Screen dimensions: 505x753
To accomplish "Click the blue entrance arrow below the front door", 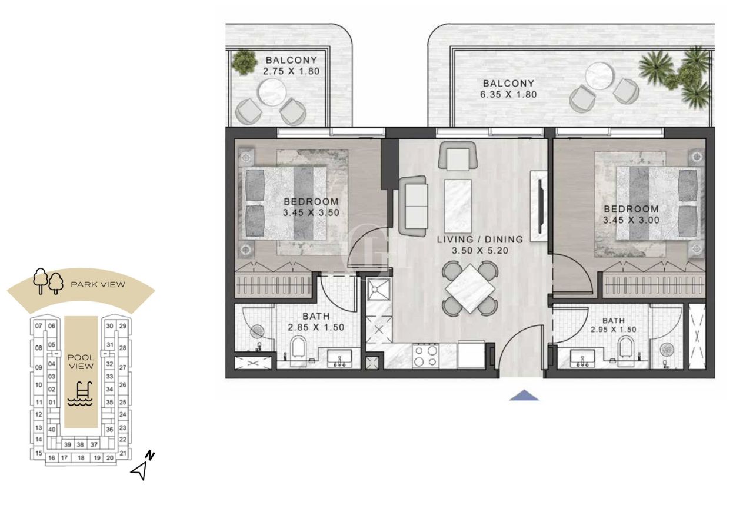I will pyautogui.click(x=524, y=396).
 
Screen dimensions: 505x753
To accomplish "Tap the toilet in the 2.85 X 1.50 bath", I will pyautogui.click(x=299, y=348).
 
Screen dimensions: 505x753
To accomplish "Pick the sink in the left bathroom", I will pyautogui.click(x=338, y=357).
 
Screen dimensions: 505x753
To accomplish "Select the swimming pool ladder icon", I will pyautogui.click(x=81, y=393).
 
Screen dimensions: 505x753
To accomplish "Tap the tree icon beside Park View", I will pyautogui.click(x=48, y=281).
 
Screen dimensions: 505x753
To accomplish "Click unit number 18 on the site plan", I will pyautogui.click(x=81, y=457).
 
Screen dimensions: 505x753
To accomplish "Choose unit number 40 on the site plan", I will pyautogui.click(x=52, y=430).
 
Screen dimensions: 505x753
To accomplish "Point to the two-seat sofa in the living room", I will pyautogui.click(x=412, y=206).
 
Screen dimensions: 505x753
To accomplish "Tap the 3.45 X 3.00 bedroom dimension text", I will pyautogui.click(x=631, y=220).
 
